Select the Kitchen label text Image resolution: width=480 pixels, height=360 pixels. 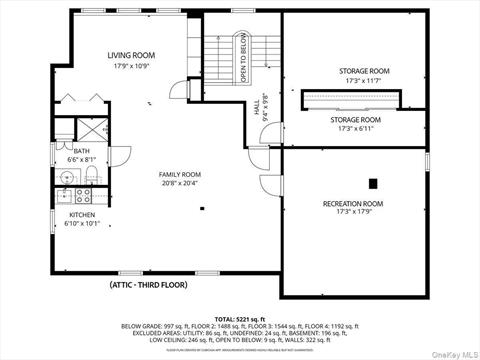tap(82, 215)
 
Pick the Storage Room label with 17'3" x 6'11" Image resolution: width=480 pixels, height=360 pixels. tap(356, 119)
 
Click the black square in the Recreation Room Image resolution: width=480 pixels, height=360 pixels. tap(372, 183)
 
